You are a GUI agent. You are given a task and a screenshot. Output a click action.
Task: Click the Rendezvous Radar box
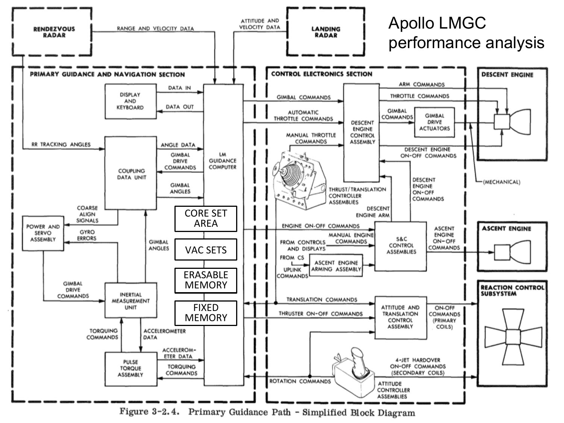click(54, 32)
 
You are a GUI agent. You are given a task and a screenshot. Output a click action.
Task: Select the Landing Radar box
click(326, 32)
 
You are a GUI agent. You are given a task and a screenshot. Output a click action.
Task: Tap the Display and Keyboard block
click(130, 101)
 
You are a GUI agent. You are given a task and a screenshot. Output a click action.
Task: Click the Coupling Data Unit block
click(130, 173)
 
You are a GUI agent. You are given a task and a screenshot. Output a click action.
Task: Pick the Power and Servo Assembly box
click(43, 233)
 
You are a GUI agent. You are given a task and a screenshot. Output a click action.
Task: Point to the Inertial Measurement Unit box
click(130, 301)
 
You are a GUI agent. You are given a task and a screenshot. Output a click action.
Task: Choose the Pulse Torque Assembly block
click(130, 369)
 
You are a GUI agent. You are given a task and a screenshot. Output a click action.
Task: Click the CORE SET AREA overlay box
click(206, 218)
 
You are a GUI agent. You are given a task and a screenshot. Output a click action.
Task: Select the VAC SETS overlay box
click(206, 250)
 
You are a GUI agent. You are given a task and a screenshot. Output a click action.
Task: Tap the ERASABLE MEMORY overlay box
click(206, 280)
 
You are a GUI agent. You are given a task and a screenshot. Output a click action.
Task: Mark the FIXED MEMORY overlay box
click(206, 313)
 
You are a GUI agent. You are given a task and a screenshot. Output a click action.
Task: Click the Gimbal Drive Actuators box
click(434, 122)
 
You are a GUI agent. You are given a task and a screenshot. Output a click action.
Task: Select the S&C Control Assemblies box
click(401, 246)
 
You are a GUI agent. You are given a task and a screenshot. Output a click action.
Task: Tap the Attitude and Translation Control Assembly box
click(400, 317)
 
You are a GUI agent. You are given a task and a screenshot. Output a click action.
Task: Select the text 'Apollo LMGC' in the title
click(437, 23)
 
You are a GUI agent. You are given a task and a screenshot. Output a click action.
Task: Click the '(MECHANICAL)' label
click(502, 182)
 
